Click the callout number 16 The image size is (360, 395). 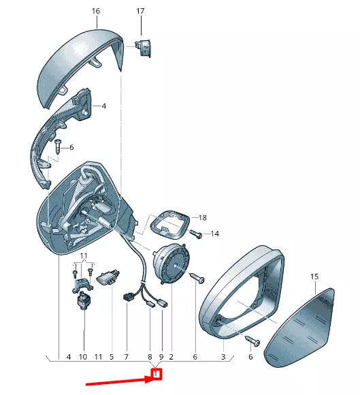[x=96, y=11]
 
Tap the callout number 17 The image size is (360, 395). [x=140, y=11]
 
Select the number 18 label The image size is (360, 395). [x=202, y=217]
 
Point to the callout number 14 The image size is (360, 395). [x=215, y=234]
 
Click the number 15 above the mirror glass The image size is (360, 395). [x=314, y=276]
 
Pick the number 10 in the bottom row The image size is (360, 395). [x=83, y=357]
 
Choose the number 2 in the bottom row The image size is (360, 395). [x=171, y=357]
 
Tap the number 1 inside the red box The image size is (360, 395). [x=156, y=374]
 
